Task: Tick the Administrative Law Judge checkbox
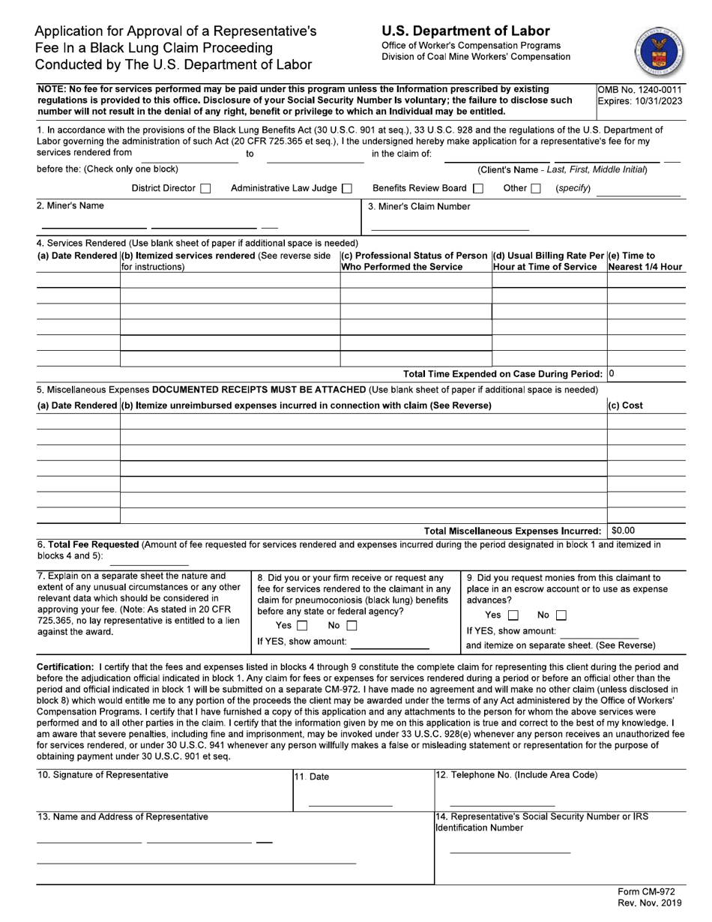(x=347, y=189)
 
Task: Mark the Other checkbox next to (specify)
(x=536, y=189)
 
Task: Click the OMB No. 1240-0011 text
(x=639, y=89)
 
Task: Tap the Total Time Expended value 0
(x=612, y=373)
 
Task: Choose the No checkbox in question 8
(x=351, y=625)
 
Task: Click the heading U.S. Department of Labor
(x=465, y=31)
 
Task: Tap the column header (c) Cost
(x=627, y=406)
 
